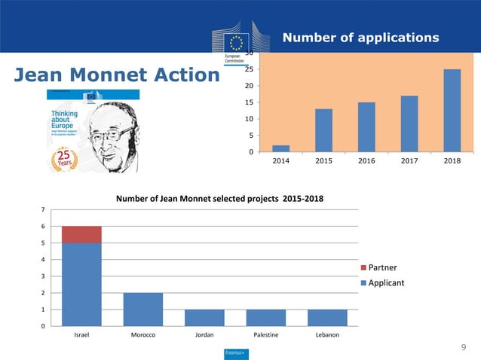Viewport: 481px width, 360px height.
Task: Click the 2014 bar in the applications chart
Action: [280, 148]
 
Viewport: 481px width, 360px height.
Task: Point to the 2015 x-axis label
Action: [323, 161]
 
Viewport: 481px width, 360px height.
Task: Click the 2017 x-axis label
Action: [409, 161]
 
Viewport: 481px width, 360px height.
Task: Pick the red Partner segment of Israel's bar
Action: [81, 234]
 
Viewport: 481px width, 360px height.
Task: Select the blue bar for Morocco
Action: [143, 309]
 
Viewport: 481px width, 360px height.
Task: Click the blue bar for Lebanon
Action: [326, 317]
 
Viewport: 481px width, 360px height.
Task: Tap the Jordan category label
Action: [204, 334]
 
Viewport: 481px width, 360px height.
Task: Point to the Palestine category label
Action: [265, 334]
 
